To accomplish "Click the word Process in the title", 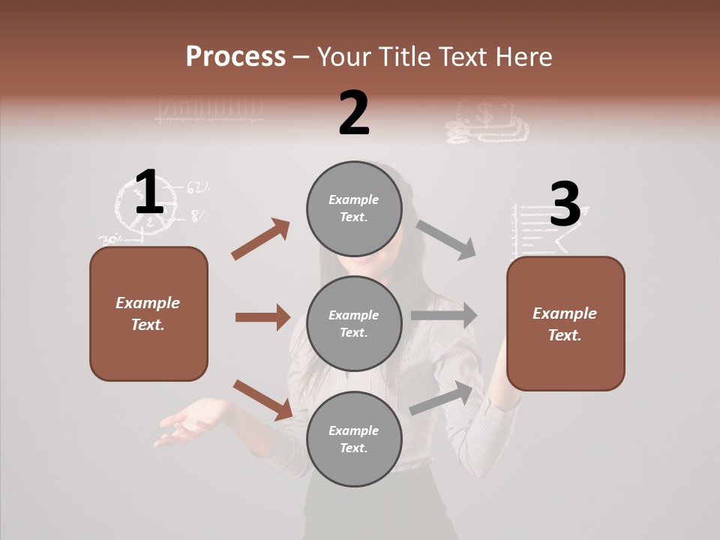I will (235, 57).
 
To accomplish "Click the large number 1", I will (149, 193).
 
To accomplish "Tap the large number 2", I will (354, 113).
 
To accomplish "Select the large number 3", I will (565, 205).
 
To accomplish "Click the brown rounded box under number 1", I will (148, 313).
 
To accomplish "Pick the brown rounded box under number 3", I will (565, 323).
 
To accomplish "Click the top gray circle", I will (354, 208).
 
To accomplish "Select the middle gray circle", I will (354, 323).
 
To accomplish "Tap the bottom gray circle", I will (354, 439).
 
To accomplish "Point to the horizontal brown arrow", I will (262, 317).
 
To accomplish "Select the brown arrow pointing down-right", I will (262, 400).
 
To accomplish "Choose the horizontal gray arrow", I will (444, 316).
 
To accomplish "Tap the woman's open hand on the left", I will (187, 422).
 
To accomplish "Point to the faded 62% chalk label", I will (198, 187).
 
